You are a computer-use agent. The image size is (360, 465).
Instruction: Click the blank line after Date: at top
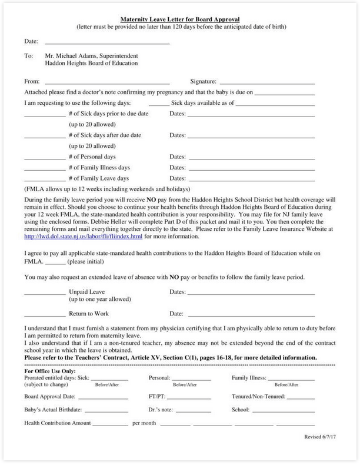pos(107,43)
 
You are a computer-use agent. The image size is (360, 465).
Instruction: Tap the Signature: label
pos(203,81)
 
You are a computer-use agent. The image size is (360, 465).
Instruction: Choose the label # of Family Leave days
pos(99,178)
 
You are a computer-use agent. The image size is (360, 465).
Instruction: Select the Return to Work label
pos(89,314)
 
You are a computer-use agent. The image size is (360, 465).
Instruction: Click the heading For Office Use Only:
pos(50,371)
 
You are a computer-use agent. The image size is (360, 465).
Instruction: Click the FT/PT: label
pos(156,397)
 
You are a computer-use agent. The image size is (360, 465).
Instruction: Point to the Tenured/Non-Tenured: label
pos(258,397)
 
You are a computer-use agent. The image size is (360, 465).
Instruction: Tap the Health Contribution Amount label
pos(57,423)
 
